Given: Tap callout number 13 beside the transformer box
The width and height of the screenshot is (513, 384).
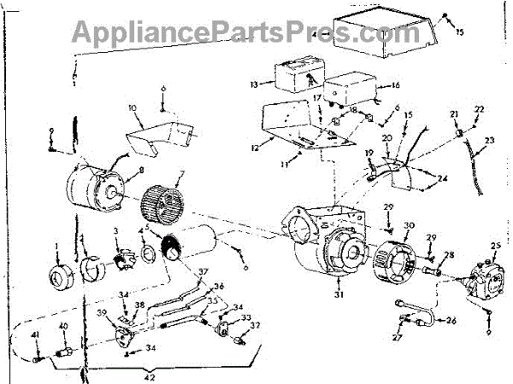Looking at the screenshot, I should (x=253, y=85).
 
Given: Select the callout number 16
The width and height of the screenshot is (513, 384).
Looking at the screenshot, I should (x=395, y=86).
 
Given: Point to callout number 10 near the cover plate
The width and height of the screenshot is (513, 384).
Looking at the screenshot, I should (x=133, y=108).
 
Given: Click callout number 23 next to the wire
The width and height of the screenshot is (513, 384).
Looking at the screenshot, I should (x=489, y=141).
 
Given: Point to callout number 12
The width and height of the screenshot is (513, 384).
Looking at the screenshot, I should (x=253, y=148).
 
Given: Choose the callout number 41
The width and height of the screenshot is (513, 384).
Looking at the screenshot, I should (x=36, y=335).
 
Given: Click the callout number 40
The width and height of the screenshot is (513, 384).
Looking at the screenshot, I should (x=62, y=326).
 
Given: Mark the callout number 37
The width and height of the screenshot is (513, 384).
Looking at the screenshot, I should (x=203, y=272).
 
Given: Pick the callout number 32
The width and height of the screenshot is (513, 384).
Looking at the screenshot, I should (x=255, y=325).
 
